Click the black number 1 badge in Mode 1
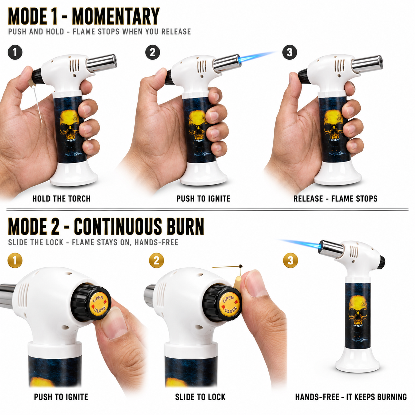coord(15,52)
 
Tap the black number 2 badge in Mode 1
coord(153,52)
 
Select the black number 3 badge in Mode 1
coord(290,52)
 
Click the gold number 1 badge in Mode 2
coord(15,260)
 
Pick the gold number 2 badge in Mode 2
coord(156,260)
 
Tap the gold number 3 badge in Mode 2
coord(291,260)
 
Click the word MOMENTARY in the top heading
coord(115,16)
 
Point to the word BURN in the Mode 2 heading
coord(185,226)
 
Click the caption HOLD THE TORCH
coord(61,199)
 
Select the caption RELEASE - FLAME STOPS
coord(335,199)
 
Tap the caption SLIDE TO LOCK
coord(200,397)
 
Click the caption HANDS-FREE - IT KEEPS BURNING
coord(351,397)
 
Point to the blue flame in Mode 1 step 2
coord(257,56)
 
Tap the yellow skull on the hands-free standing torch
coord(358,311)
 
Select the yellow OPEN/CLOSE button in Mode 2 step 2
coord(230,304)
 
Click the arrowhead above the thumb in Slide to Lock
coord(241,266)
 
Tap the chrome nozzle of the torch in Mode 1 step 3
coord(367,64)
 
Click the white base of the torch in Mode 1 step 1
coord(74,174)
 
